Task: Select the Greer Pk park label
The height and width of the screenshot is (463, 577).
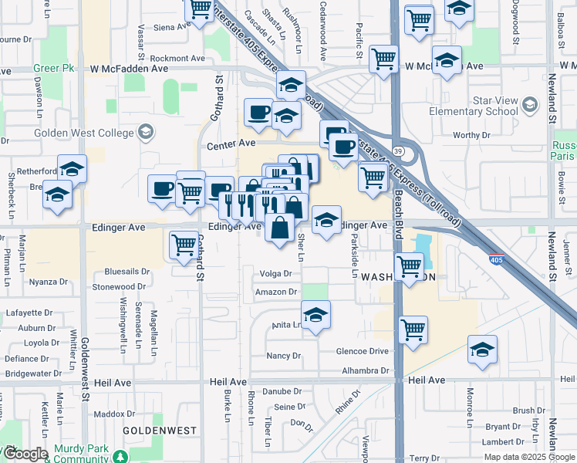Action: [x=53, y=68]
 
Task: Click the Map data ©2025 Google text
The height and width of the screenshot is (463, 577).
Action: [x=529, y=457]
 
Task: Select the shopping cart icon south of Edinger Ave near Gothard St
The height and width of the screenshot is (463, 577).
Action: [x=184, y=245]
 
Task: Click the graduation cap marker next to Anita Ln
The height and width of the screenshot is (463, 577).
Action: [x=315, y=316]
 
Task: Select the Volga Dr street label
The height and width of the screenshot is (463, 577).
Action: [x=276, y=274]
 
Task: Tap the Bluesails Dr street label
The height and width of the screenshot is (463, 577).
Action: [x=127, y=272]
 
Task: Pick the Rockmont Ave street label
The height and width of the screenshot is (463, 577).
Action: [x=177, y=58]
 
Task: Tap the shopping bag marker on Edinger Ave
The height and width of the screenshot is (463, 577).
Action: [x=279, y=227]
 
